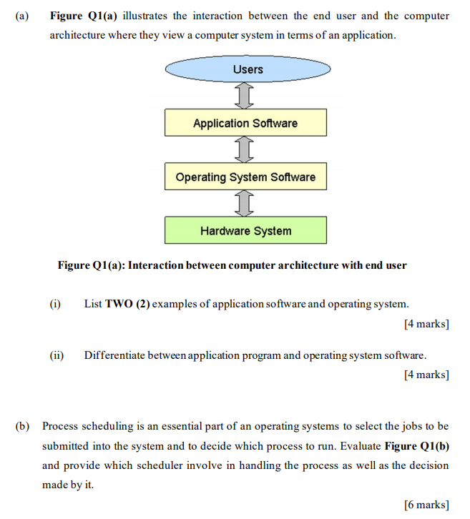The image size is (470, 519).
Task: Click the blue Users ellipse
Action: pos(248,69)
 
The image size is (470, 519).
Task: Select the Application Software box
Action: pos(245,123)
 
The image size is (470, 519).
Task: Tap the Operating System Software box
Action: pos(245,177)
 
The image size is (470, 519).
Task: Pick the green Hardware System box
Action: pos(245,230)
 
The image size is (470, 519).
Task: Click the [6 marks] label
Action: pos(426,505)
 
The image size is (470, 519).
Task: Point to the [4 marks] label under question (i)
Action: pos(426,324)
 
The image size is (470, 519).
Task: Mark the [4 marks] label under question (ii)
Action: pos(426,375)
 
